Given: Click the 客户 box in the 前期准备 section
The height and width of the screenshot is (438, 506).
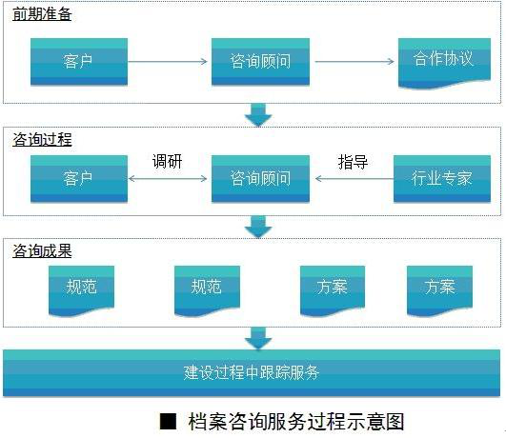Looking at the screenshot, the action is click(79, 62).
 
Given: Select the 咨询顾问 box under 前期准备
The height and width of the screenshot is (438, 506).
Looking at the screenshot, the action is click(260, 62).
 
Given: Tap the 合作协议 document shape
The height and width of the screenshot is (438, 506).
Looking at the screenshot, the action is click(444, 63).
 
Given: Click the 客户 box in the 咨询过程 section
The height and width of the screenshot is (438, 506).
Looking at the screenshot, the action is click(79, 179).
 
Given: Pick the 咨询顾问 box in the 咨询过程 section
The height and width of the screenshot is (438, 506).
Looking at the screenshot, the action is click(260, 179).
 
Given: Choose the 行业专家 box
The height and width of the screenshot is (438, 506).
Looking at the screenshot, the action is click(442, 179).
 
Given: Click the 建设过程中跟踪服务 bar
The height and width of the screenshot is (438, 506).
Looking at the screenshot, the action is click(252, 373).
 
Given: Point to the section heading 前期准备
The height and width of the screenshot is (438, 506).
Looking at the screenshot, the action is click(42, 14).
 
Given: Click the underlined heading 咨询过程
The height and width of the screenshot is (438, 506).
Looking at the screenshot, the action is click(42, 140).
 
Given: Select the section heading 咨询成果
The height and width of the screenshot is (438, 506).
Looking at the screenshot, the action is click(42, 250).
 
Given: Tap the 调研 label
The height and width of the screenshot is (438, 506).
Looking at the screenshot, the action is click(167, 161).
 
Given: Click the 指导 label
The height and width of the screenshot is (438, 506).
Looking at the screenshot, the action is click(353, 162).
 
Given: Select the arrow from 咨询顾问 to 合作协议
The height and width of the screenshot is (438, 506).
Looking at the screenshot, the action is click(354, 61).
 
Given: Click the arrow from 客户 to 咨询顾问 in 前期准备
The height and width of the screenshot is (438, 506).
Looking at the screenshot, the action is click(168, 61).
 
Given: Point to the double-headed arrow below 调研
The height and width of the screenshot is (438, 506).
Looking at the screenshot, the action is click(168, 178).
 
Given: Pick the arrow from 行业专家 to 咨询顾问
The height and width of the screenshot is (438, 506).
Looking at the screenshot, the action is click(354, 178).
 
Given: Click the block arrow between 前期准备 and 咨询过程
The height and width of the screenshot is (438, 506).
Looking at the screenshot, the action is click(258, 115).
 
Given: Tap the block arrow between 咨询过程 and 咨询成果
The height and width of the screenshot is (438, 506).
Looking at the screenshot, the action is click(258, 227).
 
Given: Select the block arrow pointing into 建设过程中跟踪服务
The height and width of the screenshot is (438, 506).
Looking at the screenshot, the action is click(258, 338).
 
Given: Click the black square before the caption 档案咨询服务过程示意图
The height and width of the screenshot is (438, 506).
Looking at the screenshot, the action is click(168, 421).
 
